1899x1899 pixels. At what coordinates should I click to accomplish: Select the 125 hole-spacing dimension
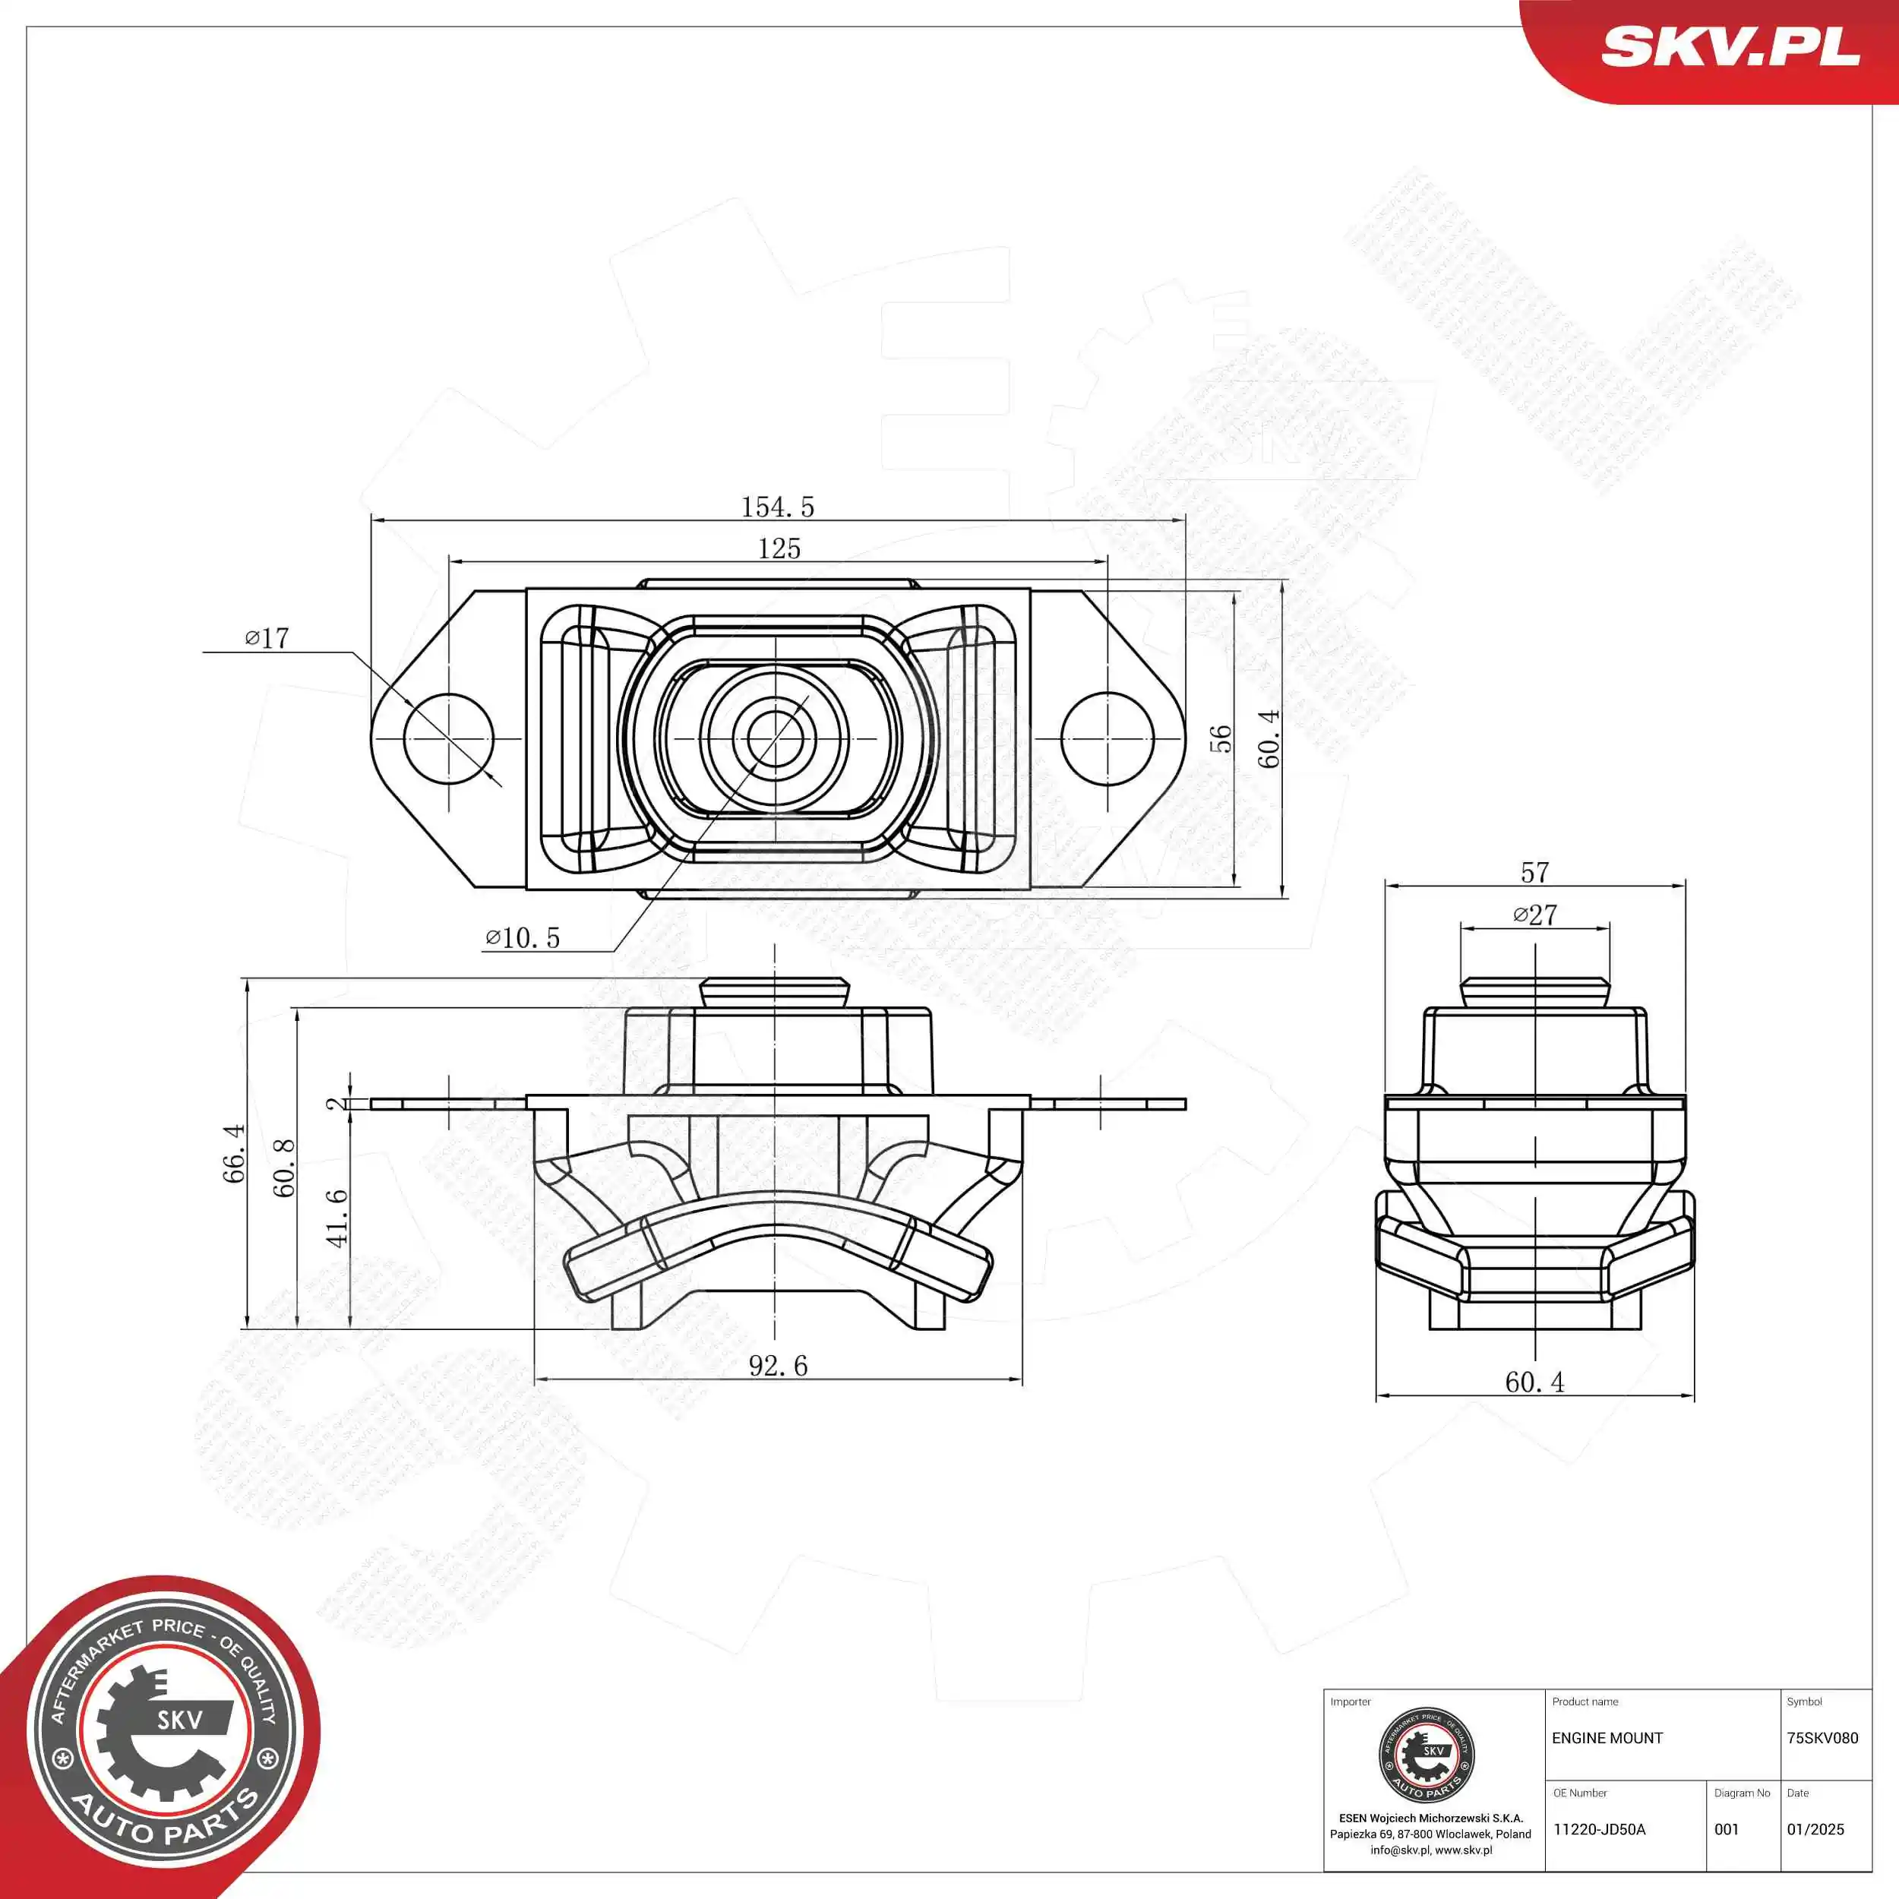779,548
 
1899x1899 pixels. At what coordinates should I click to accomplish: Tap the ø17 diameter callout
267,639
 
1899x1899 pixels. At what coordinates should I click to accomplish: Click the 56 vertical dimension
1220,738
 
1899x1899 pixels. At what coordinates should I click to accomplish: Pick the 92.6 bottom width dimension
778,1365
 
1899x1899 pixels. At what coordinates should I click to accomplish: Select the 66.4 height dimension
234,1153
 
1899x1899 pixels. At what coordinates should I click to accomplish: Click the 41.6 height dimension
337,1218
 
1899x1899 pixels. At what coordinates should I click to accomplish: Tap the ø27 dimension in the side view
1534,915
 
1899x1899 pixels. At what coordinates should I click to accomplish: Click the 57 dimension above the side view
1534,872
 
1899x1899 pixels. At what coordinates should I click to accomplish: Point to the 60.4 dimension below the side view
1534,1382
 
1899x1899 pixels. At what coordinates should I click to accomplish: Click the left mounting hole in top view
448,738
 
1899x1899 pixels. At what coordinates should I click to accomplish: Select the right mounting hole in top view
1107,738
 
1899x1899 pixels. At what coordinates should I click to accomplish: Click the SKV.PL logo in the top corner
1730,46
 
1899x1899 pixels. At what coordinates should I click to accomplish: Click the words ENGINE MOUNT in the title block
1607,1738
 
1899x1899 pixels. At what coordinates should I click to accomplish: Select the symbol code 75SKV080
1822,1738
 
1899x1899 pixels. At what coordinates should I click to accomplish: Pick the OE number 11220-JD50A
1599,1829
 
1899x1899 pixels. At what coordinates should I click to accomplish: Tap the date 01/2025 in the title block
1815,1829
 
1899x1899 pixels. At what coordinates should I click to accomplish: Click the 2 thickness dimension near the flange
337,1104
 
